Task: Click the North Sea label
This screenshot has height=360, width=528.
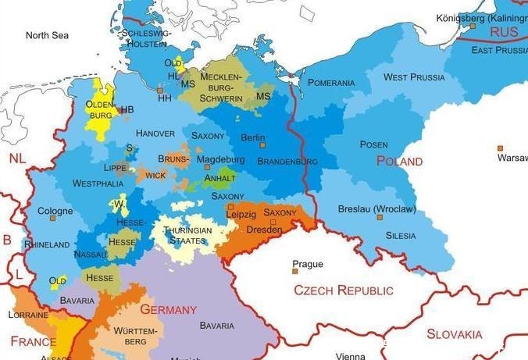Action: pyautogui.click(x=47, y=35)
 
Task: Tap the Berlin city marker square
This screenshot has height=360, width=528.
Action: pyautogui.click(x=262, y=145)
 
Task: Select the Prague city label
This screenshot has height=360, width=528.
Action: pyautogui.click(x=307, y=264)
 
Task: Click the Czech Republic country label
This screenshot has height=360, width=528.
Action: pyautogui.click(x=344, y=290)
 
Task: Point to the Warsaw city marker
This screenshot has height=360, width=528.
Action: pyautogui.click(x=499, y=148)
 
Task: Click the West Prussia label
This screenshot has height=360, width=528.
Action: pyautogui.click(x=414, y=77)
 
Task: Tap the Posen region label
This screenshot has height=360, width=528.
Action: pyautogui.click(x=373, y=144)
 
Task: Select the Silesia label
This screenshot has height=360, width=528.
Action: pyautogui.click(x=401, y=235)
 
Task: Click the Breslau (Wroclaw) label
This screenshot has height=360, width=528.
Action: pyautogui.click(x=376, y=209)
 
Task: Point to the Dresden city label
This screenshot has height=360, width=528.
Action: pyautogui.click(x=263, y=230)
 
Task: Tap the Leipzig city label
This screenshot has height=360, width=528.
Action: pyautogui.click(x=241, y=214)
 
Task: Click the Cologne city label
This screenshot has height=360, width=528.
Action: pyautogui.click(x=55, y=211)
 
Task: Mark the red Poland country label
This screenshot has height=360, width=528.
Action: pyautogui.click(x=399, y=161)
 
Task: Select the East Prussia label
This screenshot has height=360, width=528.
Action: pyautogui.click(x=499, y=50)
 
